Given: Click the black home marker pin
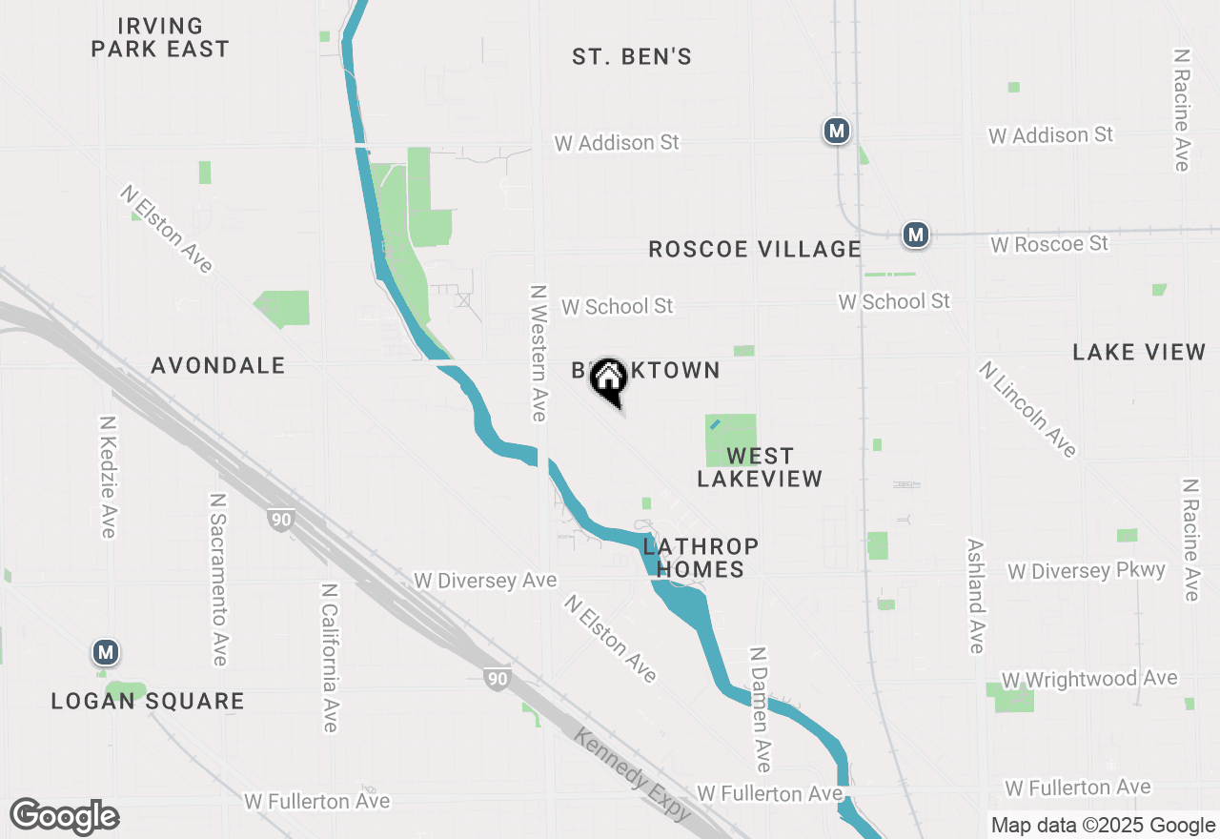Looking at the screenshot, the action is click(x=608, y=382).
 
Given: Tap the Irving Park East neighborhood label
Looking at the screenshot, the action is click(x=160, y=37).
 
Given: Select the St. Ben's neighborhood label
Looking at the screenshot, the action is click(x=632, y=57).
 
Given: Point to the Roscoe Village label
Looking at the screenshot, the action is click(x=755, y=250).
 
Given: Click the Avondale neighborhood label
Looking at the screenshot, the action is click(x=218, y=365).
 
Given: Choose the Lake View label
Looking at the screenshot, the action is click(x=1139, y=353).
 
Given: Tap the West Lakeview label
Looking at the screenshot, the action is click(x=760, y=467).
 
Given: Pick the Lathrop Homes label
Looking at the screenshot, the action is click(x=701, y=558).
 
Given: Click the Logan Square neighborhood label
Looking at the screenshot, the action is click(x=148, y=702).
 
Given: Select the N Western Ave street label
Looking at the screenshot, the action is click(x=539, y=353).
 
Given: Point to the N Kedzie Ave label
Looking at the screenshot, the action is click(x=107, y=477).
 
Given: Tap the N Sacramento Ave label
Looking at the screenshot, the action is click(x=218, y=580).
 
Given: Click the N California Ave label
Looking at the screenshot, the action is click(x=330, y=658).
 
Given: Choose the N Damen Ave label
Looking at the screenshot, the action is click(x=760, y=710).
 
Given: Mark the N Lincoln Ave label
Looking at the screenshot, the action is click(x=1027, y=409).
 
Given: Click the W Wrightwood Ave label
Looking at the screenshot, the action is click(x=1089, y=679).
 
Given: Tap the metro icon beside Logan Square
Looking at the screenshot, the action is click(x=106, y=653).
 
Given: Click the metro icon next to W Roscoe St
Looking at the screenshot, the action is click(x=916, y=234).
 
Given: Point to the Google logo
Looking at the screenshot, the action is click(x=65, y=816).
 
